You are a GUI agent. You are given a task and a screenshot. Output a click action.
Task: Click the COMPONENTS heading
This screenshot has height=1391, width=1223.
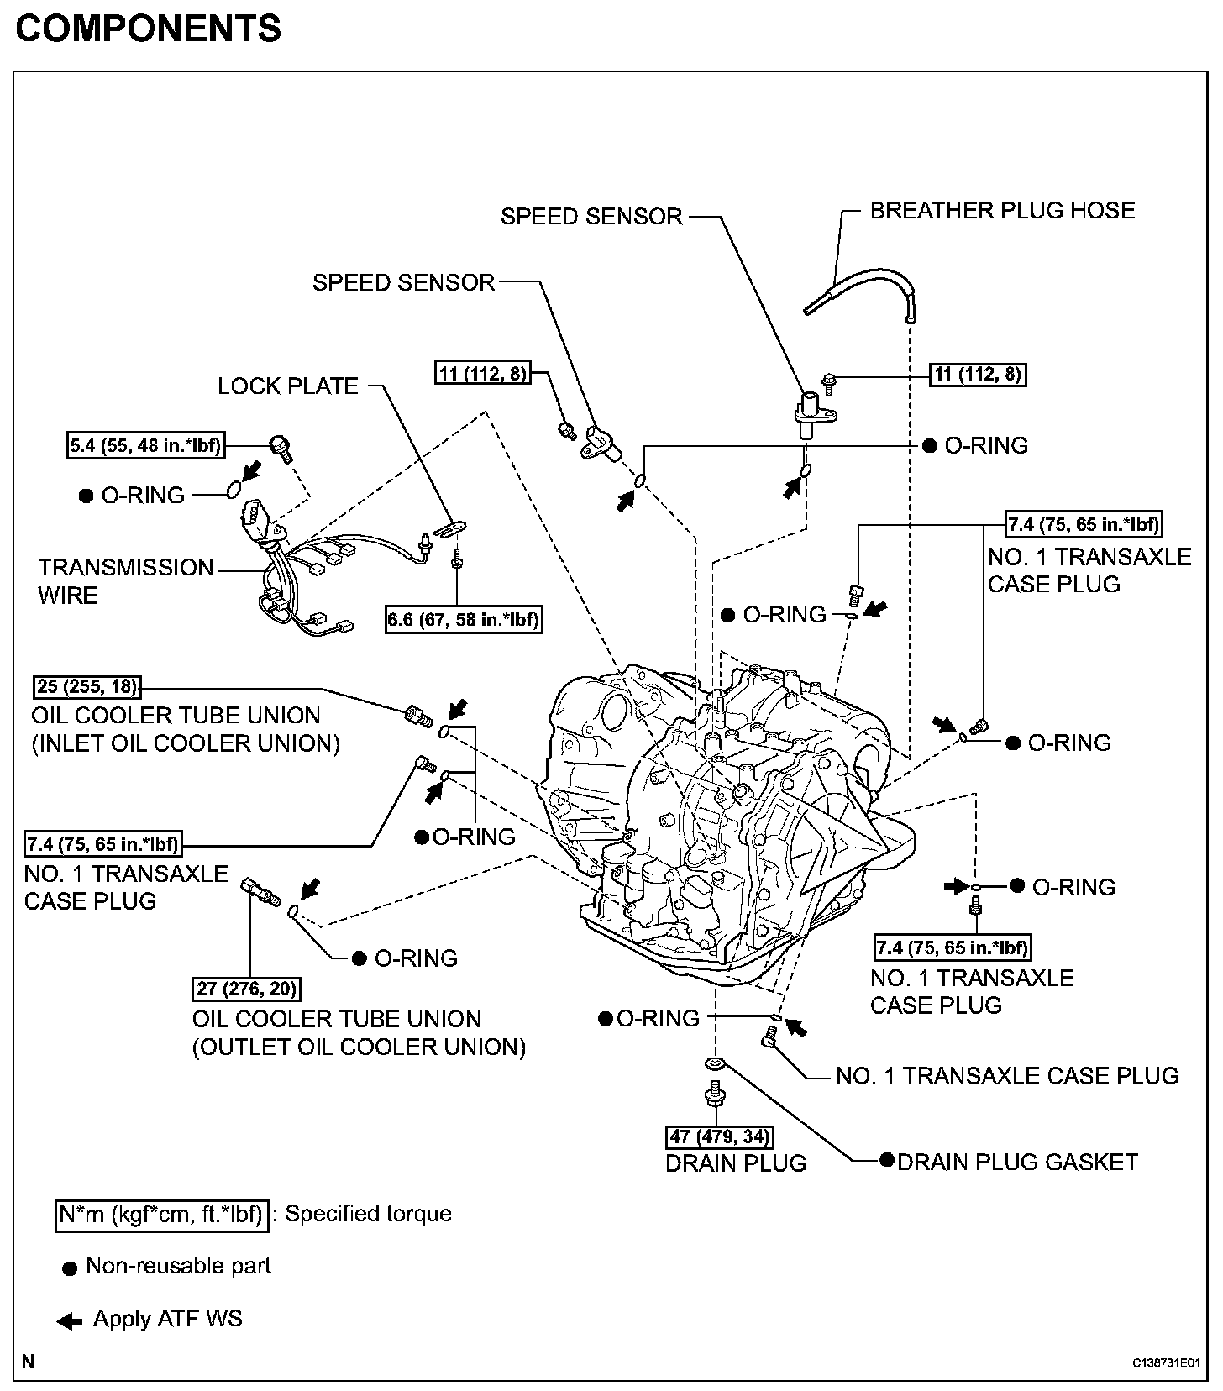(x=149, y=29)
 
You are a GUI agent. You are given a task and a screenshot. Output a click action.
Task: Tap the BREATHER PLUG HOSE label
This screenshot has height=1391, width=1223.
(x=1002, y=210)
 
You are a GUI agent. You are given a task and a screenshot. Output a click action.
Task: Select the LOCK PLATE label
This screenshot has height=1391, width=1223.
(x=287, y=386)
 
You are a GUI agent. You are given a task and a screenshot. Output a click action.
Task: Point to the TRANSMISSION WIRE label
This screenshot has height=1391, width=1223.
(x=126, y=581)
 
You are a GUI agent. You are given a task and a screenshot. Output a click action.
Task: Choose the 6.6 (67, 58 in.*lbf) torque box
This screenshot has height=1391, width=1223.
(x=463, y=620)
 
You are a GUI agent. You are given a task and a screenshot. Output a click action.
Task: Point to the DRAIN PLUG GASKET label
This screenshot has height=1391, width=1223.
(x=1017, y=1162)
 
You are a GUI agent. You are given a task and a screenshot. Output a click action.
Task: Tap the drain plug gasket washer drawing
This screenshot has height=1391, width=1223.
(x=715, y=1065)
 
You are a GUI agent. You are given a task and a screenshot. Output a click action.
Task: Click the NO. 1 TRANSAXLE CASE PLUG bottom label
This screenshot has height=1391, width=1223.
(x=1007, y=1075)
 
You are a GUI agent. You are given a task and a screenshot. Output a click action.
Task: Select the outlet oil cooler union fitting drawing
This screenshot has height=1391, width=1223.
(x=260, y=891)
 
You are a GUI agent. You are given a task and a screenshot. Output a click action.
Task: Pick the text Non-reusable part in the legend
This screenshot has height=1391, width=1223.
(x=178, y=1266)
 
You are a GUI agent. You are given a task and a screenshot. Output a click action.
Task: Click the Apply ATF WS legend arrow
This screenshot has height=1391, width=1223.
(x=69, y=1321)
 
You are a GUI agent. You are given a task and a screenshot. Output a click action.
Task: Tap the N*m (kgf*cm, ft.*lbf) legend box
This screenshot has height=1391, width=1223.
(x=162, y=1215)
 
